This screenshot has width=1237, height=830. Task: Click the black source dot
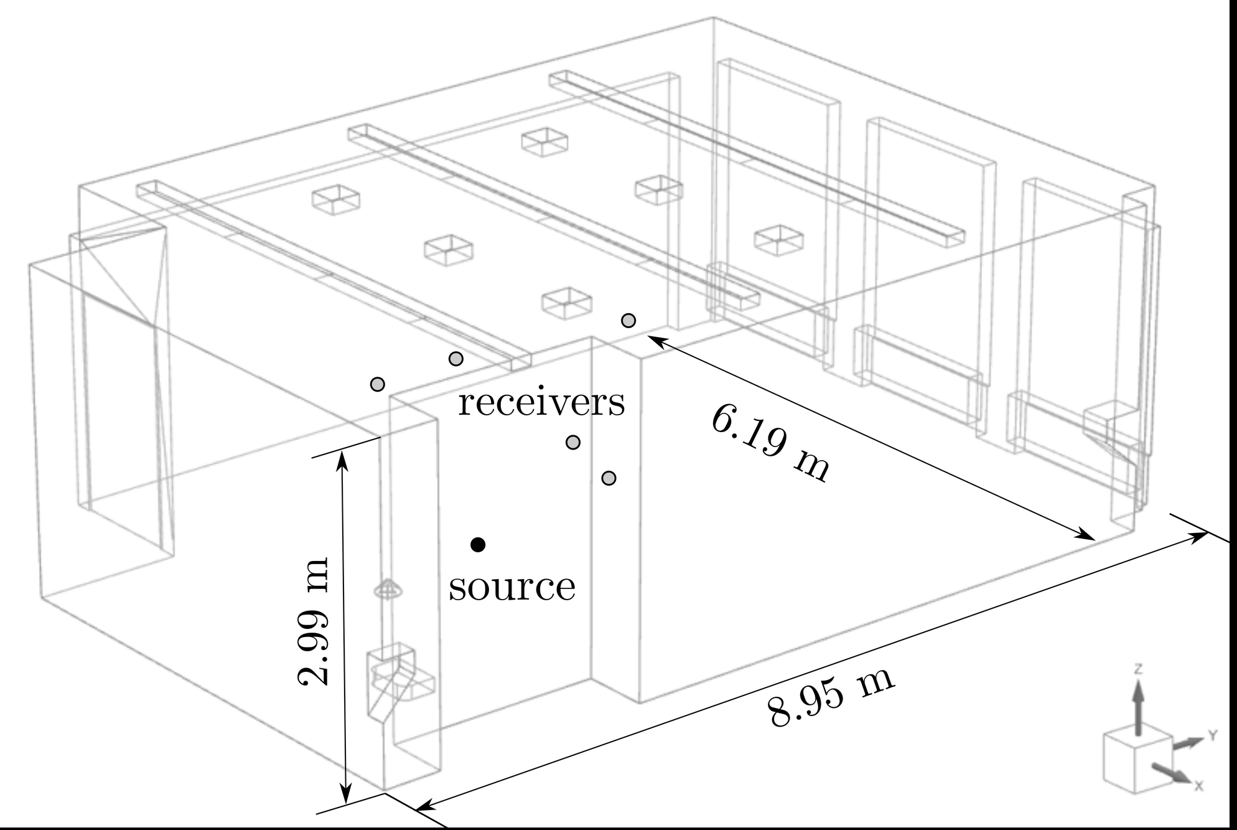(478, 545)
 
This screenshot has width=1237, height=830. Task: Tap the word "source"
(512, 587)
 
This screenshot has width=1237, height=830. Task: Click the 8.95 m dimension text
(831, 697)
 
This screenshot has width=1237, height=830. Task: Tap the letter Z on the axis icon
(1138, 670)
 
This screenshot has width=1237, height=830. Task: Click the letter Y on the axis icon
(1213, 736)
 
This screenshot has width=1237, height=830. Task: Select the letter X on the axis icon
(1200, 786)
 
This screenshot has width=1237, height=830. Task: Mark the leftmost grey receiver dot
(378, 384)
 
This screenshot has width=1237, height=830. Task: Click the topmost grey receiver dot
(628, 321)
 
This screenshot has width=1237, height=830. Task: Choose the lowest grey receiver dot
(609, 478)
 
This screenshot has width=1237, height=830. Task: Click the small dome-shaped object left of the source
(386, 588)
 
